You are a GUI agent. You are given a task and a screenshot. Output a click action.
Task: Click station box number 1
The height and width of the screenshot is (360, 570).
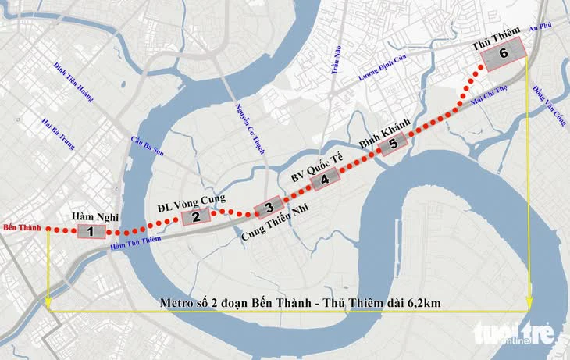tap(91, 232)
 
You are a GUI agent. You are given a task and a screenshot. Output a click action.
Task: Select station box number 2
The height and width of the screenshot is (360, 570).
tap(196, 217)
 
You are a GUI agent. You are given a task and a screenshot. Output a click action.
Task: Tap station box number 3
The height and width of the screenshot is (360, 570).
tap(268, 207)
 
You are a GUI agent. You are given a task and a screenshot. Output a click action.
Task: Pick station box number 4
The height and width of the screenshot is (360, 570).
tap(324, 179)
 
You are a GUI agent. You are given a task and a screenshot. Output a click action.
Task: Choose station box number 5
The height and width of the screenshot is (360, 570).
tap(393, 143)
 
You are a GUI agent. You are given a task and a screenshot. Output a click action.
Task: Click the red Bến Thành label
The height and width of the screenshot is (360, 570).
tap(21, 228)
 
